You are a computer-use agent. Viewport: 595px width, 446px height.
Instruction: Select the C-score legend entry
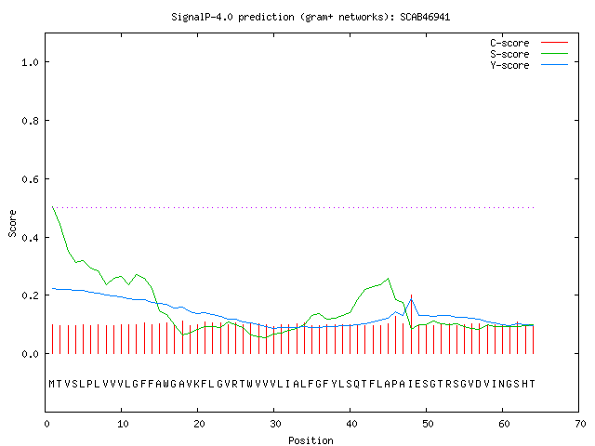click(529, 43)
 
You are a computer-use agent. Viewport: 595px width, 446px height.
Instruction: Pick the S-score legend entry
click(529, 54)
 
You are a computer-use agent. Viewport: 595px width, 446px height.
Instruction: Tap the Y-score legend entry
click(529, 65)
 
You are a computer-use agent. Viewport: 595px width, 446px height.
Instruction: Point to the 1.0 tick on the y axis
click(30, 62)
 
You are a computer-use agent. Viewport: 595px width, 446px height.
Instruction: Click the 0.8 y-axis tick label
click(30, 121)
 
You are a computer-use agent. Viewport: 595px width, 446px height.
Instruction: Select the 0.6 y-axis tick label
click(30, 179)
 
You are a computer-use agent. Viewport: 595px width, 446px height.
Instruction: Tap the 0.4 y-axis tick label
click(30, 238)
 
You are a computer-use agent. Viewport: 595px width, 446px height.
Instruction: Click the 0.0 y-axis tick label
click(30, 354)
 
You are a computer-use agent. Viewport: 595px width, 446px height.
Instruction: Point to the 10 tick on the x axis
click(123, 424)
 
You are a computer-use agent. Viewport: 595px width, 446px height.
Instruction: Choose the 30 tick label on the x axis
click(275, 424)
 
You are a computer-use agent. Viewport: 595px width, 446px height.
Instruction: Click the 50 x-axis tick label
click(428, 424)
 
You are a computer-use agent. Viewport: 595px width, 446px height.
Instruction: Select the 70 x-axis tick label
click(580, 424)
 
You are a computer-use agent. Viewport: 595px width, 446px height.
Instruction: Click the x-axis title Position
click(311, 440)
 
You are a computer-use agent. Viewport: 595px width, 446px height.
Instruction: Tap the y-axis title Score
click(12, 223)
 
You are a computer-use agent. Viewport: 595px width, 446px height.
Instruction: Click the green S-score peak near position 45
click(388, 279)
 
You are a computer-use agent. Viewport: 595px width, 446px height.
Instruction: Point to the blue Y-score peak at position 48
click(411, 299)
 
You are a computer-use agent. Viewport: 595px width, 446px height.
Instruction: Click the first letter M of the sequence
click(52, 384)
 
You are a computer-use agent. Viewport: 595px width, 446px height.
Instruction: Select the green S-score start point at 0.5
click(52, 207)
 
